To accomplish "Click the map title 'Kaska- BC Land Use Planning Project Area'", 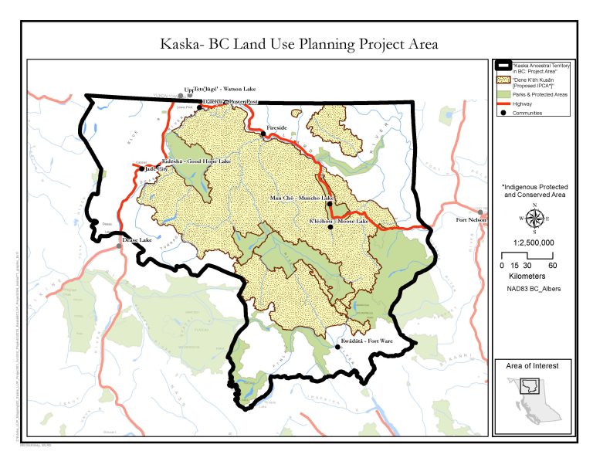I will coord(298,44).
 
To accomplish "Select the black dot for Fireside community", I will coord(263,134).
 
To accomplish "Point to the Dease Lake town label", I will coord(138,240).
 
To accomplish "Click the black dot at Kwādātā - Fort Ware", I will coord(337,348).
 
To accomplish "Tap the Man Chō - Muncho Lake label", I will coord(301,198).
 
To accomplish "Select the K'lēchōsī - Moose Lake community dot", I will coord(330,227).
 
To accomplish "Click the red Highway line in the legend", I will coord(503,104).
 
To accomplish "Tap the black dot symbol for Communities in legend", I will coord(503,113).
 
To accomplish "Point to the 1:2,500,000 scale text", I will coord(534,242).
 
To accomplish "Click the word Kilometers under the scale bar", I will coord(534,275).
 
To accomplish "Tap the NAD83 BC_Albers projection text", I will coord(534,290).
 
